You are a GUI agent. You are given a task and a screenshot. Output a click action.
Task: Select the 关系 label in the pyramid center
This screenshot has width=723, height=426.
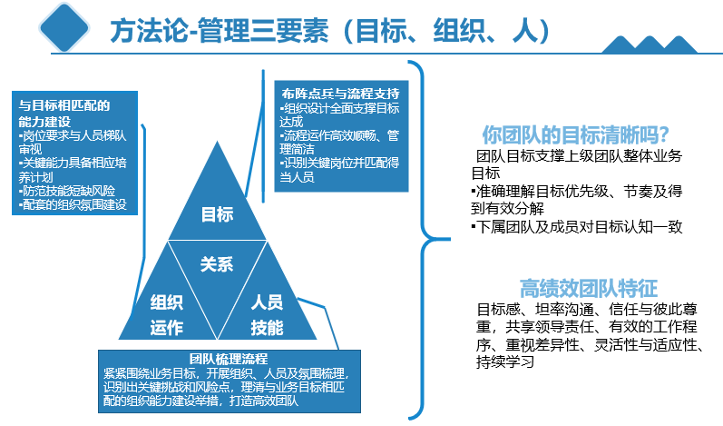(x=217, y=264)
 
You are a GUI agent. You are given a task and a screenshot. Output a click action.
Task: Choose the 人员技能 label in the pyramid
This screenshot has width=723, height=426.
(x=267, y=314)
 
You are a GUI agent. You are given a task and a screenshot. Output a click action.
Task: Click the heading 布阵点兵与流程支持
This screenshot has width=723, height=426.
(x=340, y=94)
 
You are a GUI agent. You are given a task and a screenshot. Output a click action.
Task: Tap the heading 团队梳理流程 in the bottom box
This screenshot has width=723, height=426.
(x=228, y=358)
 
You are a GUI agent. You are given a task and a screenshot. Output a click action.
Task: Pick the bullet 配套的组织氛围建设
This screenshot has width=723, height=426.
(x=72, y=206)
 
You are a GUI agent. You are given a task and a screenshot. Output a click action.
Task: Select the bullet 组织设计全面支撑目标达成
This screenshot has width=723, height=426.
(x=339, y=116)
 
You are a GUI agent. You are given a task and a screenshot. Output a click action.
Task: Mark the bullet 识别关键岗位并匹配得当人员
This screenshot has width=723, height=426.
(x=339, y=171)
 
